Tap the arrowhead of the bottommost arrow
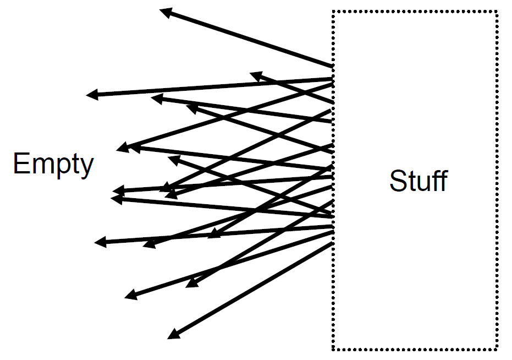point(173,334)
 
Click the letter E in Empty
point(20,163)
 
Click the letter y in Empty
point(86,167)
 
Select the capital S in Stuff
point(397,181)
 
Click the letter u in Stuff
point(420,183)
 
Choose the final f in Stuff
point(443,181)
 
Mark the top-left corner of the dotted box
point(333,12)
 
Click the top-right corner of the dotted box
point(497,12)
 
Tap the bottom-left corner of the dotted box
point(333,349)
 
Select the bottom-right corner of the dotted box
point(497,349)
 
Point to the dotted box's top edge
point(415,12)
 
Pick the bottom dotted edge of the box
point(415,349)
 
